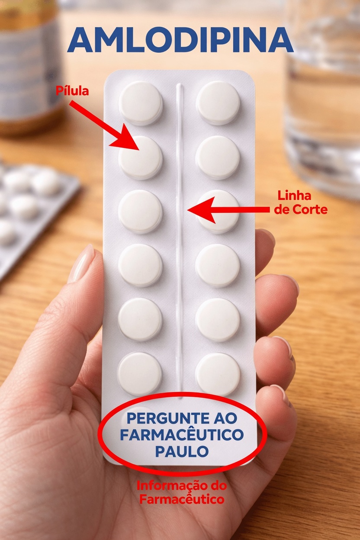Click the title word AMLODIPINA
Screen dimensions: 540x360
[180, 40]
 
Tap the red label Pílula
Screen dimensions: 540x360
[72, 91]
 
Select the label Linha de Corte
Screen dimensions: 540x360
[301, 203]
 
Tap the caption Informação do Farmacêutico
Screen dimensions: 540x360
[181, 492]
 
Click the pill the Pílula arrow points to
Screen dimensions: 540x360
[141, 157]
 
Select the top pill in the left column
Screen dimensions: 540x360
[141, 103]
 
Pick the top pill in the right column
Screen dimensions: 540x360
[218, 103]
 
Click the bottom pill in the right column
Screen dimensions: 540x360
[218, 374]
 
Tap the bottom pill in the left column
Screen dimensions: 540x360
[140, 373]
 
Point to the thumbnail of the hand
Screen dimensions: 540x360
[82, 264]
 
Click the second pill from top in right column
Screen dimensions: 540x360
[218, 157]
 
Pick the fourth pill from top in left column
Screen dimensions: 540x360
[140, 265]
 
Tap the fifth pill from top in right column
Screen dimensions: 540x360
[218, 319]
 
